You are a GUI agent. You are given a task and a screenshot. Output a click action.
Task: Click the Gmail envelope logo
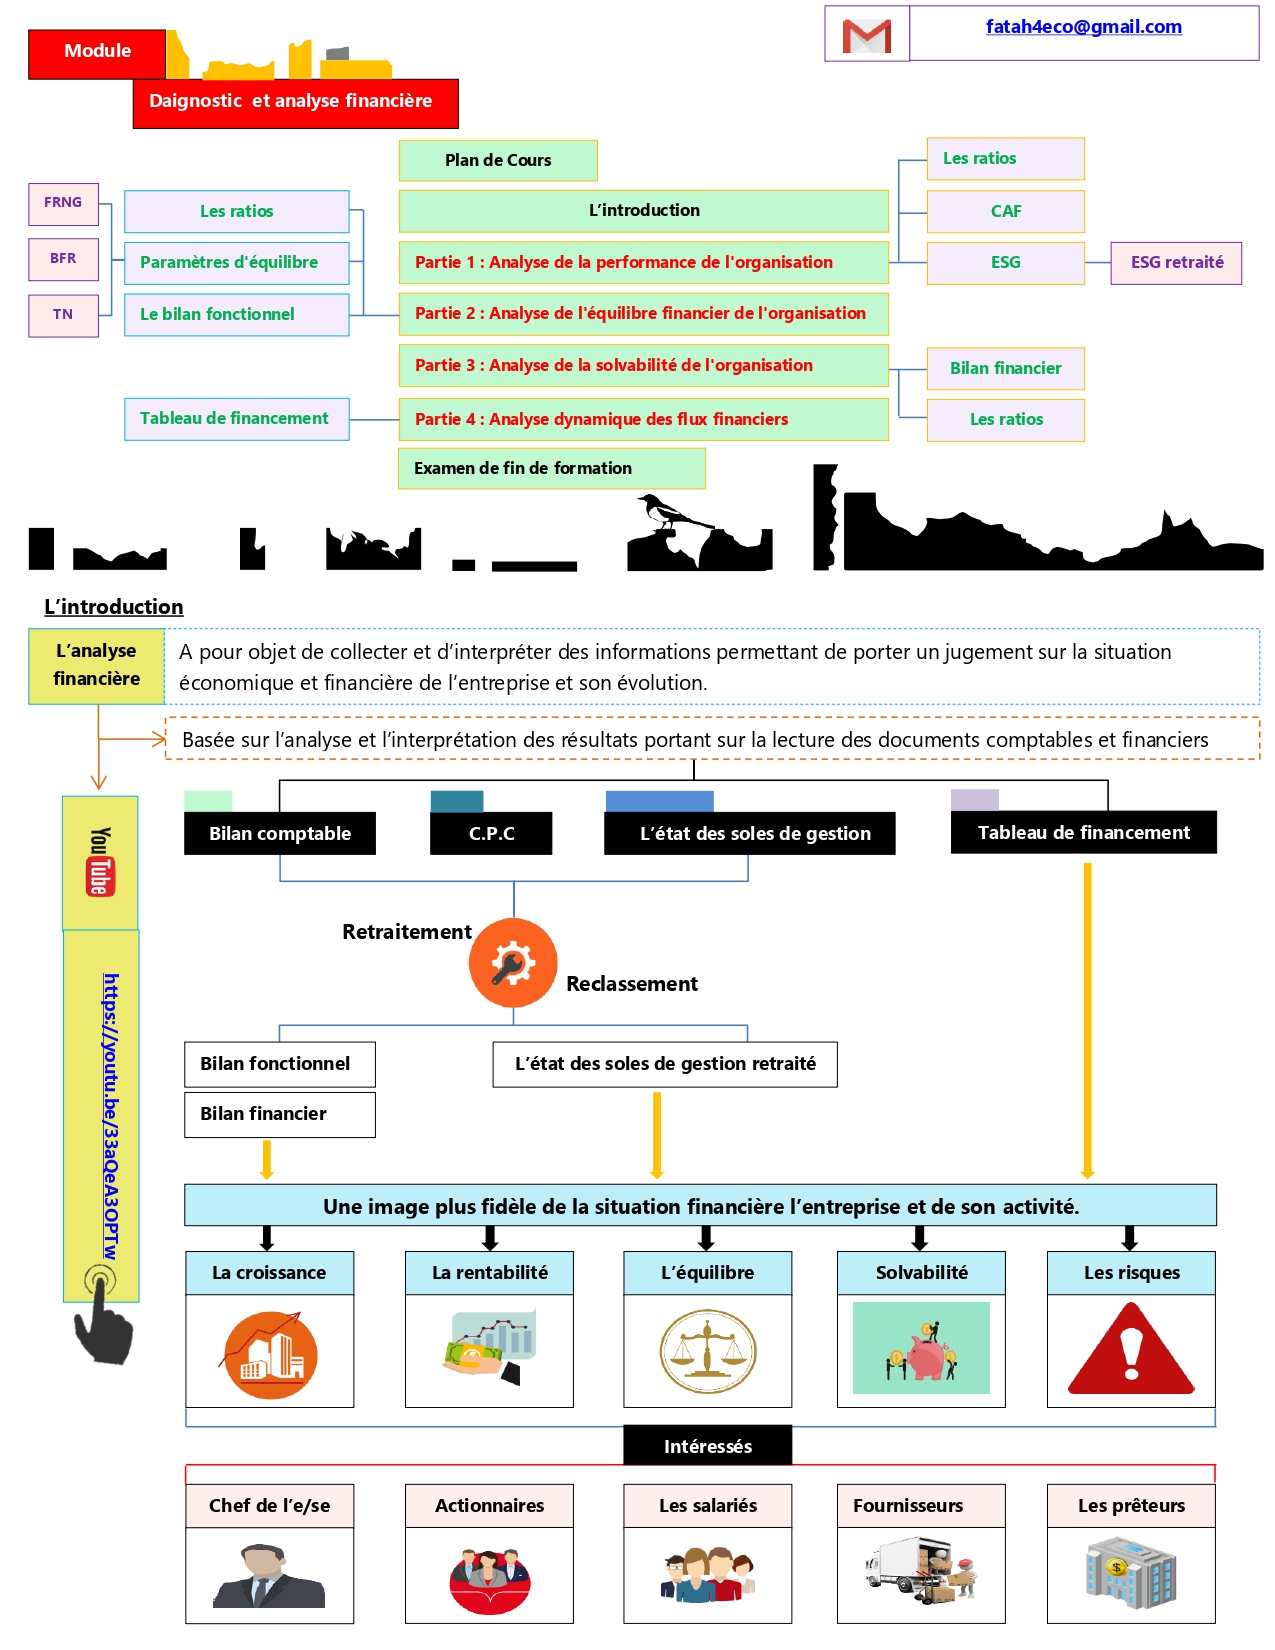point(866,36)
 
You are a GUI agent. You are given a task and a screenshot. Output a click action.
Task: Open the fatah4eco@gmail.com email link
point(1083,27)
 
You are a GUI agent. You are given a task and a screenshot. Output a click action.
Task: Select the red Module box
point(97,54)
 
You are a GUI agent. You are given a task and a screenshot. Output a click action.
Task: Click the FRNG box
point(63,203)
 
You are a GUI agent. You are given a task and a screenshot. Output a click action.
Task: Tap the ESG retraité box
point(1176,263)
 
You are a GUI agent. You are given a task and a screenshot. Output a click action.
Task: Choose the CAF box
point(1005,211)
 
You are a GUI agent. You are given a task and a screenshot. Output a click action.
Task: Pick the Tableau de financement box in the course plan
point(237,419)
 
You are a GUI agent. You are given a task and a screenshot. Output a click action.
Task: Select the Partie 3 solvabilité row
point(643,365)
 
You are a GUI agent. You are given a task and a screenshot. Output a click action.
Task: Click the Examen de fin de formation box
point(551,468)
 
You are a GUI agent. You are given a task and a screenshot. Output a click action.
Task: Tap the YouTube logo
point(99,861)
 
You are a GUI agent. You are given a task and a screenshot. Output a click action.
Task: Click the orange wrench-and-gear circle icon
point(513,962)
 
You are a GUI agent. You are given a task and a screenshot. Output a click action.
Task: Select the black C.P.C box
point(491,833)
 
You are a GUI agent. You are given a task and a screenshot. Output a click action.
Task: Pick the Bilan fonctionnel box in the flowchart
point(279,1064)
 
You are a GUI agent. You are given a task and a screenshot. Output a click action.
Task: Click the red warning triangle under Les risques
point(1131,1349)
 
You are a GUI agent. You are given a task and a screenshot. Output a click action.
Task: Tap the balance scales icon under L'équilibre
point(708,1351)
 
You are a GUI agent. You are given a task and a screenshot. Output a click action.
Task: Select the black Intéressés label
point(707,1446)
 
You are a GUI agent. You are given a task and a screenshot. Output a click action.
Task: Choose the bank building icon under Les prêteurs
point(1130,1571)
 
